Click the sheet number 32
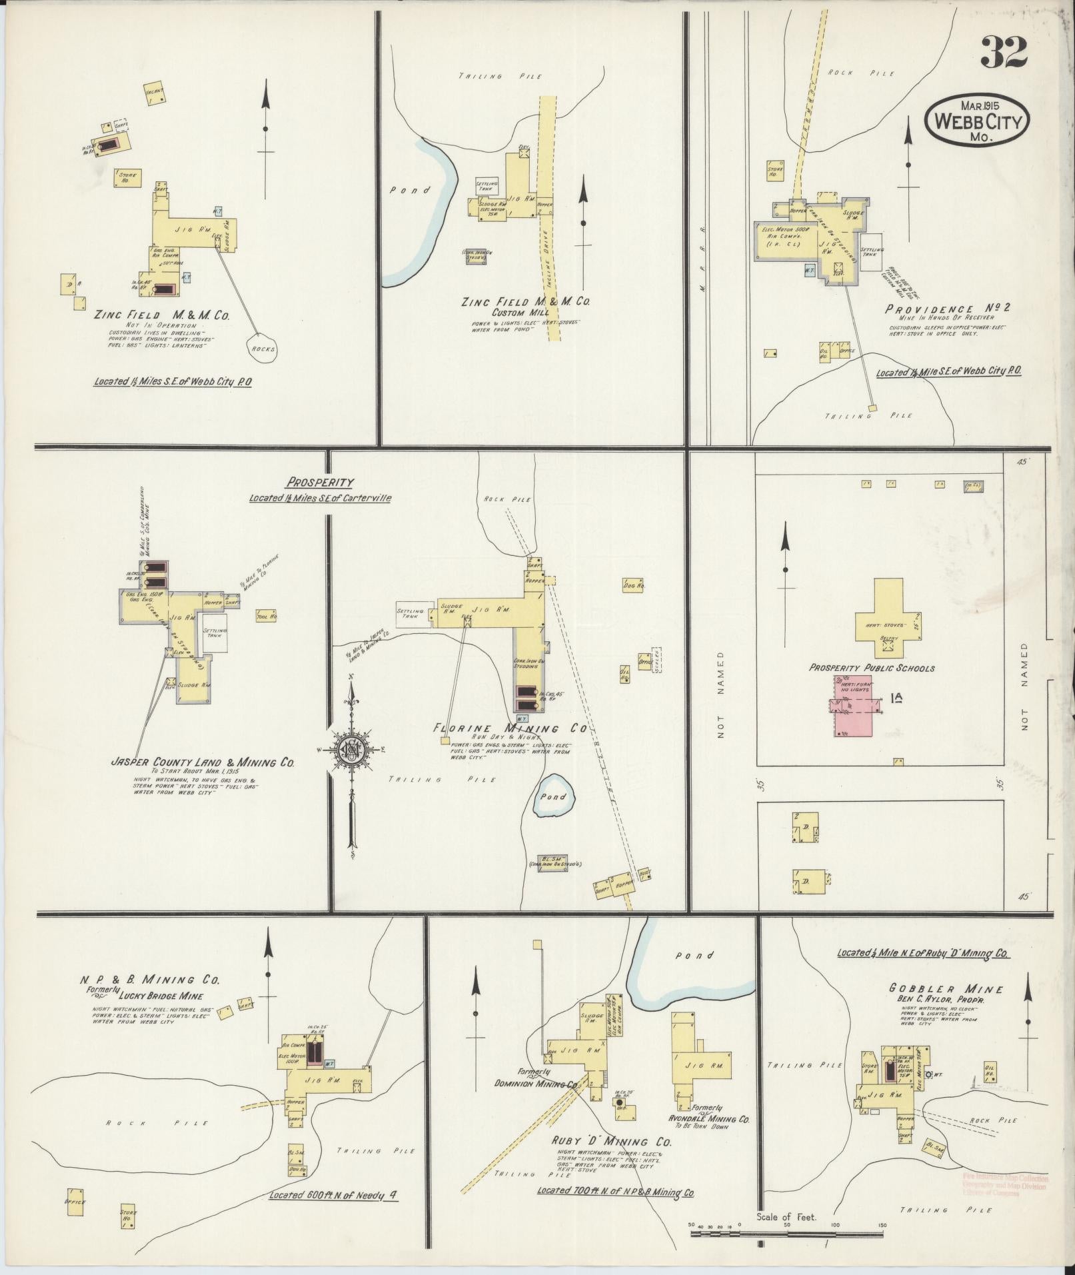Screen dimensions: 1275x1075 point(1003,53)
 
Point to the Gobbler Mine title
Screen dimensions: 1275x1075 point(946,989)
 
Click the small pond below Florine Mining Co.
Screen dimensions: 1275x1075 point(553,796)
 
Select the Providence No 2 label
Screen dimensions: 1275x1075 point(948,309)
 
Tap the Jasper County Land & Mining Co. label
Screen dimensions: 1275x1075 point(203,762)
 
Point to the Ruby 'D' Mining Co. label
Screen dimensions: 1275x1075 point(611,1142)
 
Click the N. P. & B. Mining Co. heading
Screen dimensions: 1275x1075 point(149,980)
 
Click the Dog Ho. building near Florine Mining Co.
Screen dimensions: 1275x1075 point(632,585)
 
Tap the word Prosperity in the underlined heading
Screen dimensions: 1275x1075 point(321,483)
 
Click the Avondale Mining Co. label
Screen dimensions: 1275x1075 point(709,1119)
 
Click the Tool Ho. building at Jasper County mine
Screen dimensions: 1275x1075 point(267,617)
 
